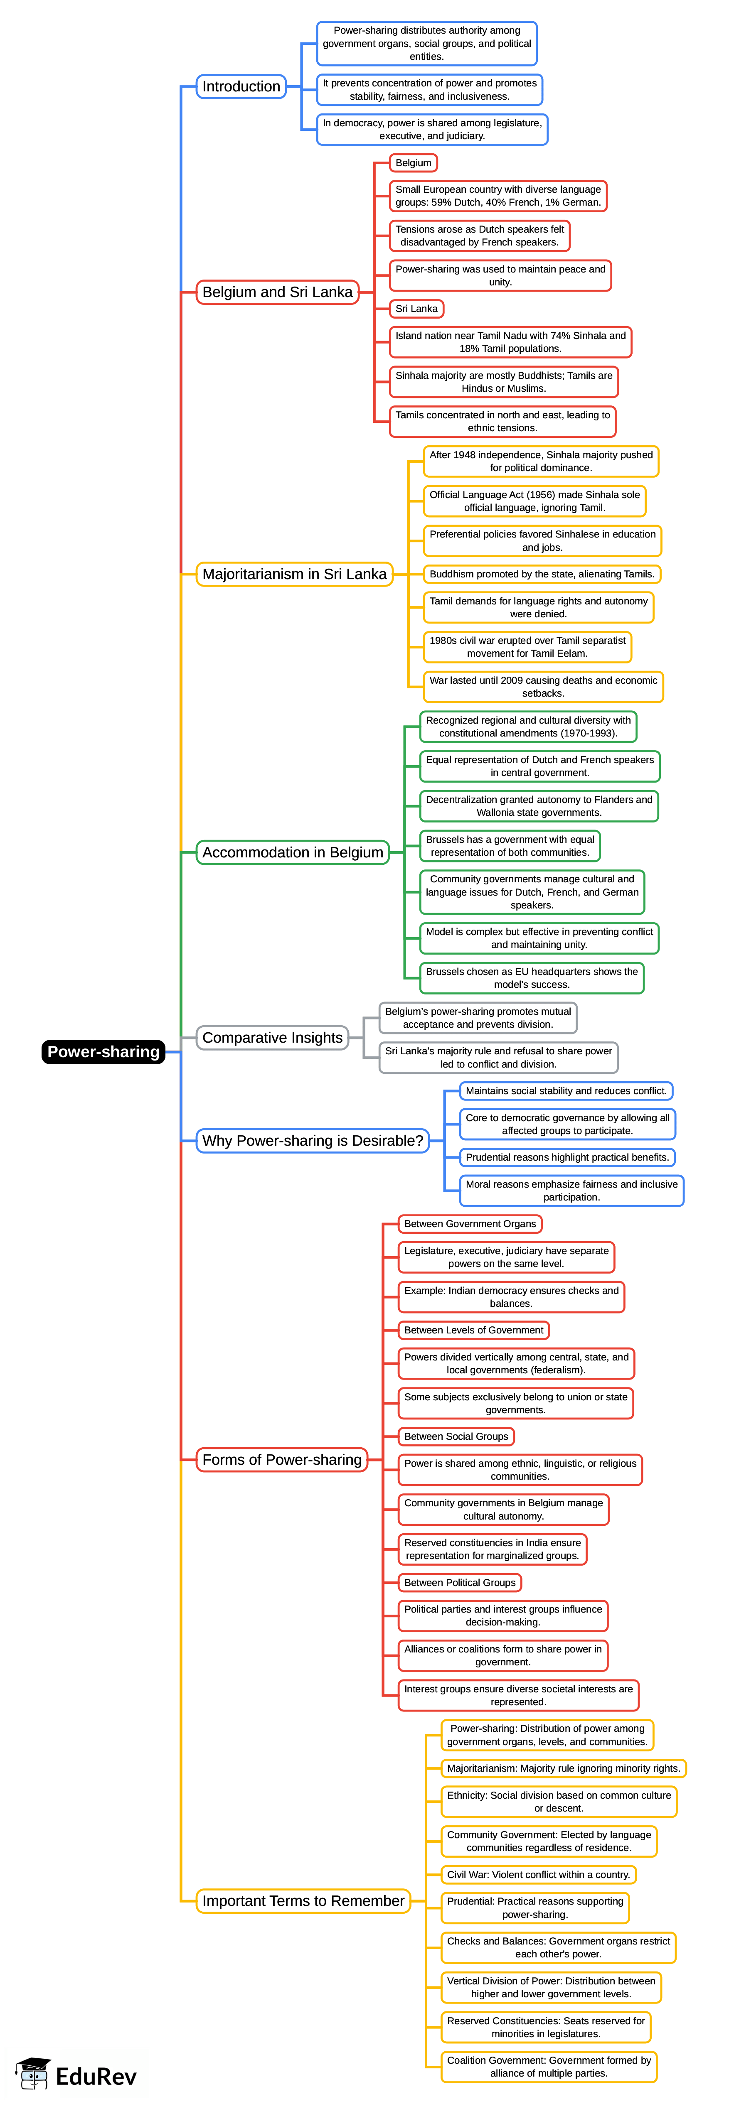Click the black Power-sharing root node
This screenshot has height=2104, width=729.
tap(103, 1051)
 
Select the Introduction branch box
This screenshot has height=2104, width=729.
tap(241, 86)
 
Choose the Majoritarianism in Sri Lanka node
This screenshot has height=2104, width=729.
tap(294, 574)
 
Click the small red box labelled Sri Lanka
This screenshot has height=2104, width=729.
tap(416, 309)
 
